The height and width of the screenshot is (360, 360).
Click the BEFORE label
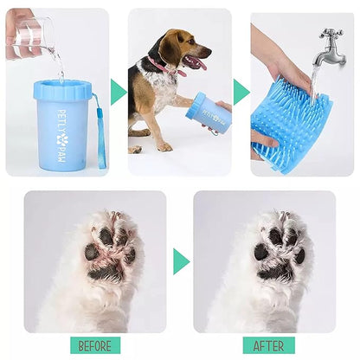tap(95, 345)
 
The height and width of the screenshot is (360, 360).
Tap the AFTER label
tap(269, 345)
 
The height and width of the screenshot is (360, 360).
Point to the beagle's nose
tap(208, 53)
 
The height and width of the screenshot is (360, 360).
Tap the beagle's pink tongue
tap(201, 66)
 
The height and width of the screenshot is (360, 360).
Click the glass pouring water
tap(30, 32)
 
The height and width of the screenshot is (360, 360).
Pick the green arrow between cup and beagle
tap(119, 92)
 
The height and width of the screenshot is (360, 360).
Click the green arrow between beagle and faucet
tap(241, 92)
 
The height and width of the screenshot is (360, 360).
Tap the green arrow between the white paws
tap(181, 261)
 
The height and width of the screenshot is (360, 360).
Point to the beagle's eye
tap(191, 42)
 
